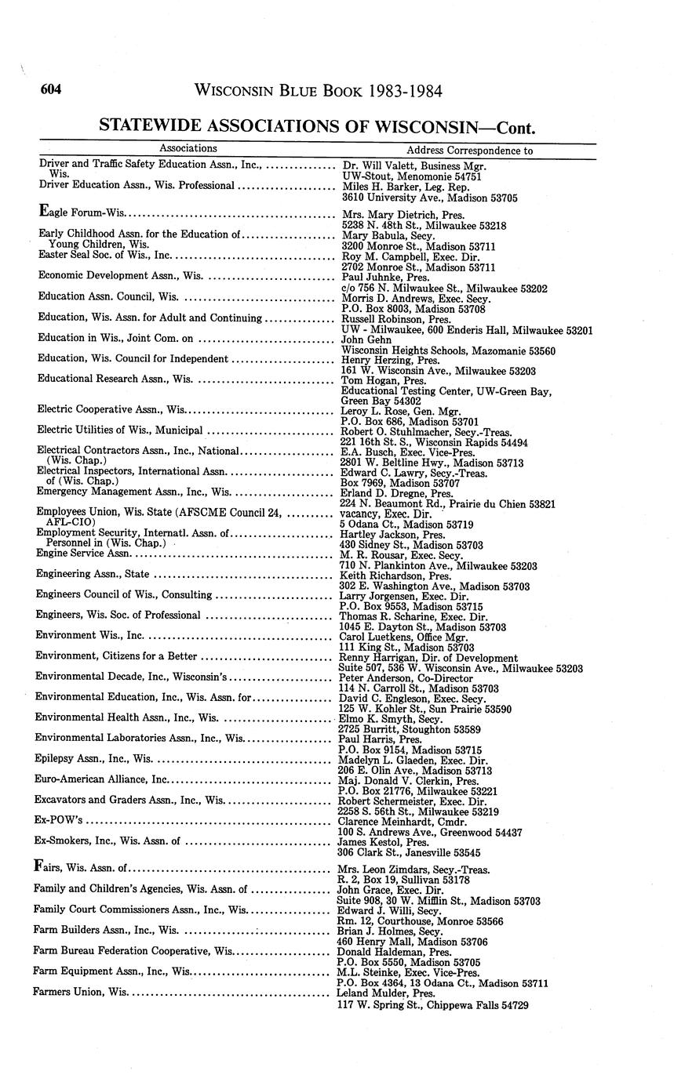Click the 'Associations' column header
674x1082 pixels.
[x=188, y=148]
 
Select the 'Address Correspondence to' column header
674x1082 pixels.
[x=469, y=150]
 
